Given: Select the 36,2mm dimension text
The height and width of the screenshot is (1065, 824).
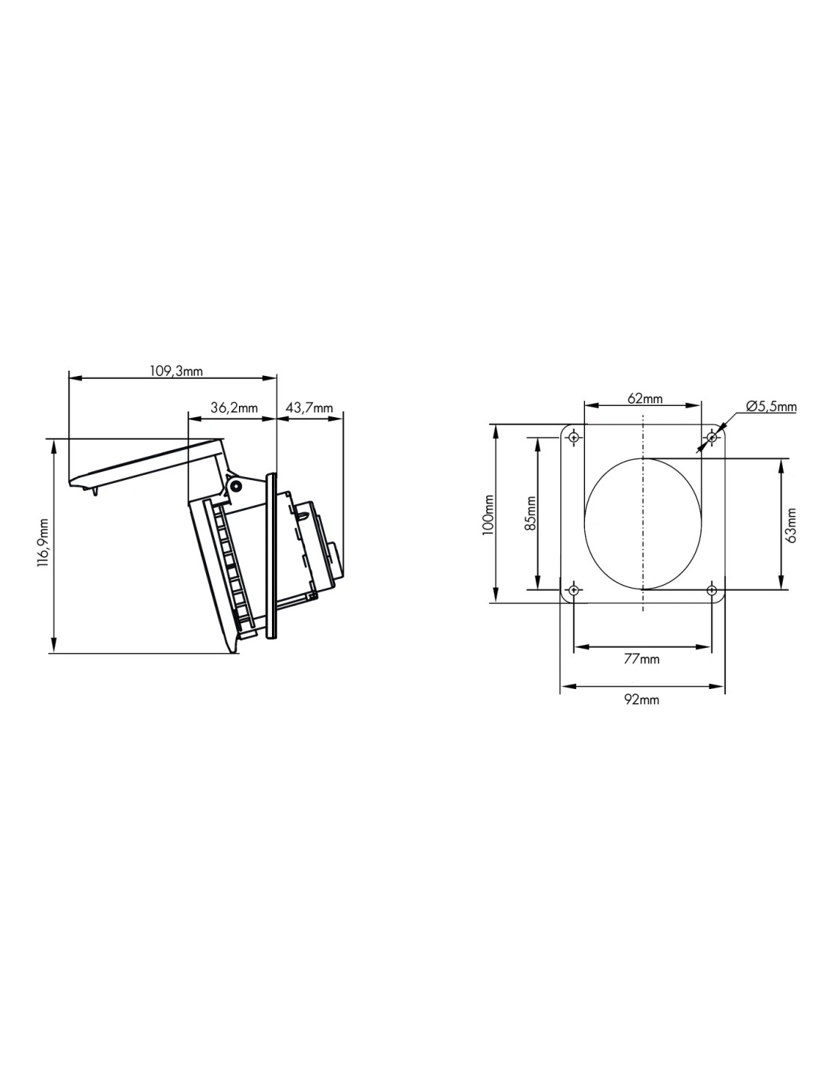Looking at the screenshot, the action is tap(234, 407).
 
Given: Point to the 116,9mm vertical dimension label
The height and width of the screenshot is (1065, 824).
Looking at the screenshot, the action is tap(44, 542).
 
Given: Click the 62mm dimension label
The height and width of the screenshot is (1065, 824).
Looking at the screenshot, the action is tap(644, 398).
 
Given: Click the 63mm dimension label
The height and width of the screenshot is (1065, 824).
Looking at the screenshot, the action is tap(790, 525).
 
